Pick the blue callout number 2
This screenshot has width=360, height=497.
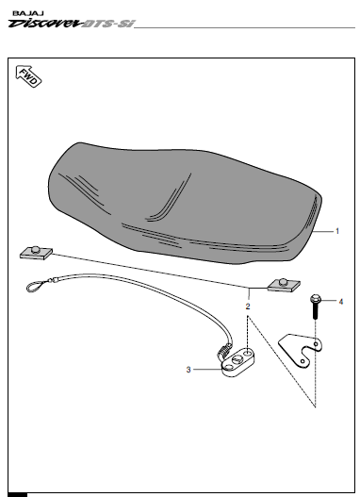pos(248,306)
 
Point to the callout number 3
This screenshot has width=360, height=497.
pos(188,371)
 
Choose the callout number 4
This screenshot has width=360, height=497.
pos(341,302)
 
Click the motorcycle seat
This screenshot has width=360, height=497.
pos(179,198)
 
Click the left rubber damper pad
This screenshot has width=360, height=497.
pos(36,253)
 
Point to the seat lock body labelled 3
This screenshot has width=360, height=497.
pos(237,362)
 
